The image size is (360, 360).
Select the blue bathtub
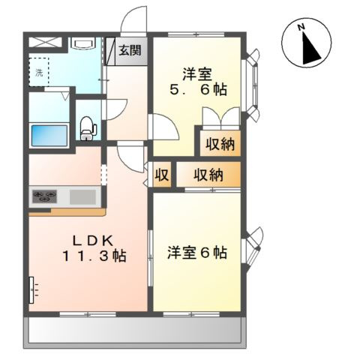coord(49,135)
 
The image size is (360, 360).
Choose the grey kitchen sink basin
coord(84,198)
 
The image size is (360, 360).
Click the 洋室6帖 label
coord(197,252)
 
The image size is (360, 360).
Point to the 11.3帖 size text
coord(92,256)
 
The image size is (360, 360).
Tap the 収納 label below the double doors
coord(220,142)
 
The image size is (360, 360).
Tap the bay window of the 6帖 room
coord(253,244)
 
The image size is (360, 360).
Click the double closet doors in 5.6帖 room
coord(220,118)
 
